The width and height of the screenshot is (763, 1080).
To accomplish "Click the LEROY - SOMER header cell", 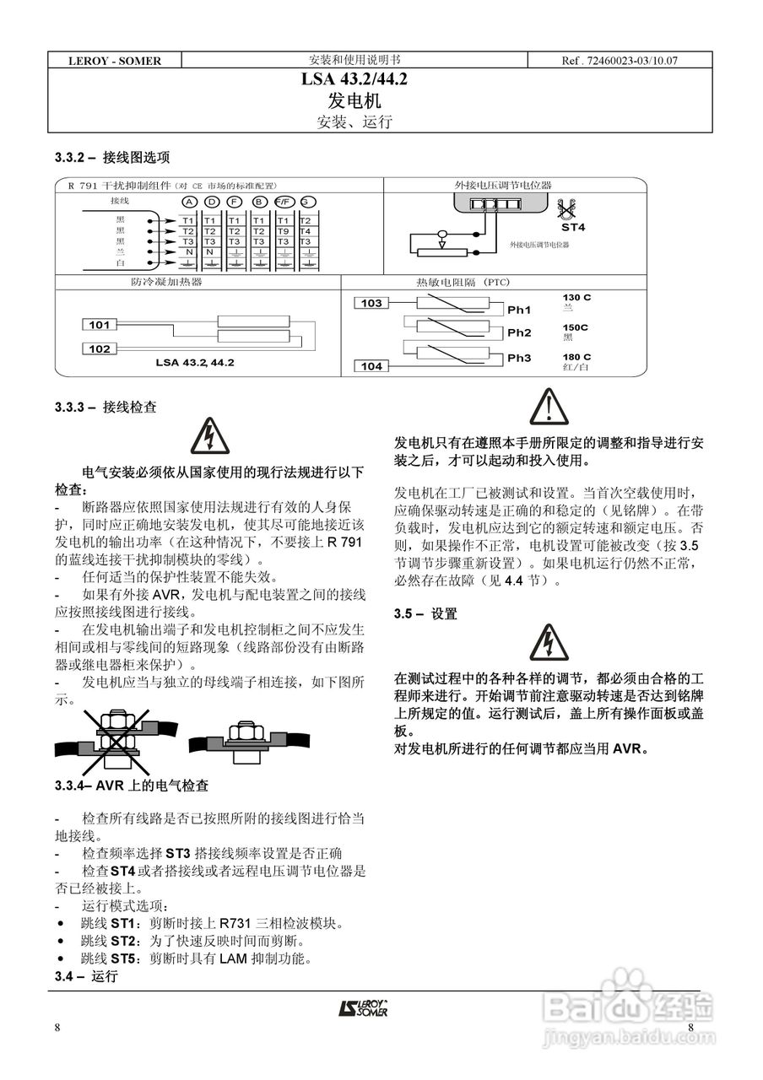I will (x=115, y=61).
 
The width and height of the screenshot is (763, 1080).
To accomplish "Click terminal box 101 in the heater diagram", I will (x=100, y=324).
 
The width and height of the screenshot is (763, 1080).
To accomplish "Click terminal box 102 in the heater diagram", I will (x=100, y=348).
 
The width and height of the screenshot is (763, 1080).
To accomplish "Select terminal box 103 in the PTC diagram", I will (x=371, y=303).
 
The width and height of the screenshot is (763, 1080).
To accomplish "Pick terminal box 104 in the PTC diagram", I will (x=371, y=366).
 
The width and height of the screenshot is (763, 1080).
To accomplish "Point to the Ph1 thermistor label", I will (x=519, y=310).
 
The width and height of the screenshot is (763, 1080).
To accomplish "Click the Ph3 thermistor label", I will (x=519, y=359).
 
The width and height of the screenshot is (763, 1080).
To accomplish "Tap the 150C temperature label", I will (x=576, y=327).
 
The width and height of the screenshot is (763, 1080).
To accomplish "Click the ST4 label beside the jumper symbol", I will (x=573, y=228).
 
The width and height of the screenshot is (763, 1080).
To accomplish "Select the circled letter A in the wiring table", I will (x=189, y=202).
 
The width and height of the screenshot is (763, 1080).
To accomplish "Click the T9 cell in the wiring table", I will (x=283, y=231).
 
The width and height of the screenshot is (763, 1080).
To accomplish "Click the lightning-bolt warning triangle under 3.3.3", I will (x=206, y=435).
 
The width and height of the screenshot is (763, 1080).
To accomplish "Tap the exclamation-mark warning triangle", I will (x=549, y=407).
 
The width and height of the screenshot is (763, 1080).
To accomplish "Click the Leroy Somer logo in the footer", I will (x=364, y=1008).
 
